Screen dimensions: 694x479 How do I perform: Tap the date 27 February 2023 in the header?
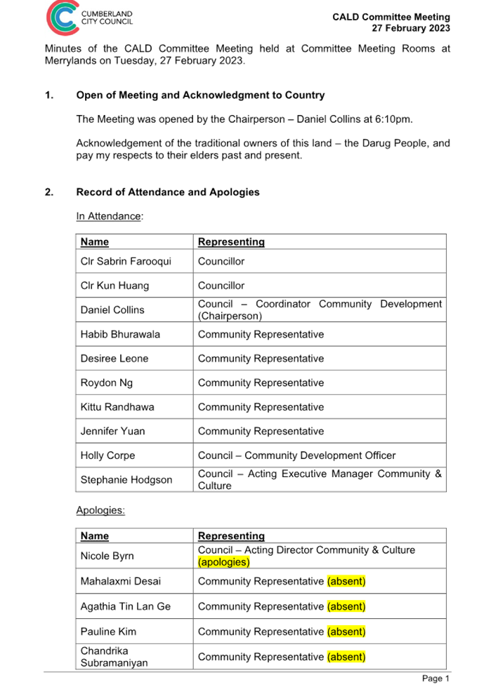point(411,28)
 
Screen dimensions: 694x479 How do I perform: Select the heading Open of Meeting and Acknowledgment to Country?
point(200,95)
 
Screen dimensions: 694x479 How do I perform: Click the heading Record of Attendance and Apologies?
point(168,192)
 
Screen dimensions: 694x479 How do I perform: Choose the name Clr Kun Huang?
point(114,286)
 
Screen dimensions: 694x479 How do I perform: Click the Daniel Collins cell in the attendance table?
point(112,309)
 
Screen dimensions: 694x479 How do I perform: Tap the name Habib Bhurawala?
point(120,335)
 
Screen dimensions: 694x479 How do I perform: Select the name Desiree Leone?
point(114,359)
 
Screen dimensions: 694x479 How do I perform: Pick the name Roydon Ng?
point(107,383)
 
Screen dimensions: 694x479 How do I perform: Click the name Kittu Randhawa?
point(117,407)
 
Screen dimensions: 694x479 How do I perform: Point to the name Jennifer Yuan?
point(113,432)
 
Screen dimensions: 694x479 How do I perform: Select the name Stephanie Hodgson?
point(125,480)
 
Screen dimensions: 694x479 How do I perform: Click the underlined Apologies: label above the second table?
point(100,510)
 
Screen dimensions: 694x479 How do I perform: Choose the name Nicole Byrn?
point(107,556)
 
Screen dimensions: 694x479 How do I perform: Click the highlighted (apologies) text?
point(223,562)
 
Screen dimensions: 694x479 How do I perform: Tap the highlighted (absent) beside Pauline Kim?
point(346,632)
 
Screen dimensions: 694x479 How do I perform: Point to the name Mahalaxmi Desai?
point(120,581)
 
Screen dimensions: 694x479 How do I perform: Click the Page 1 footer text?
point(435,679)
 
